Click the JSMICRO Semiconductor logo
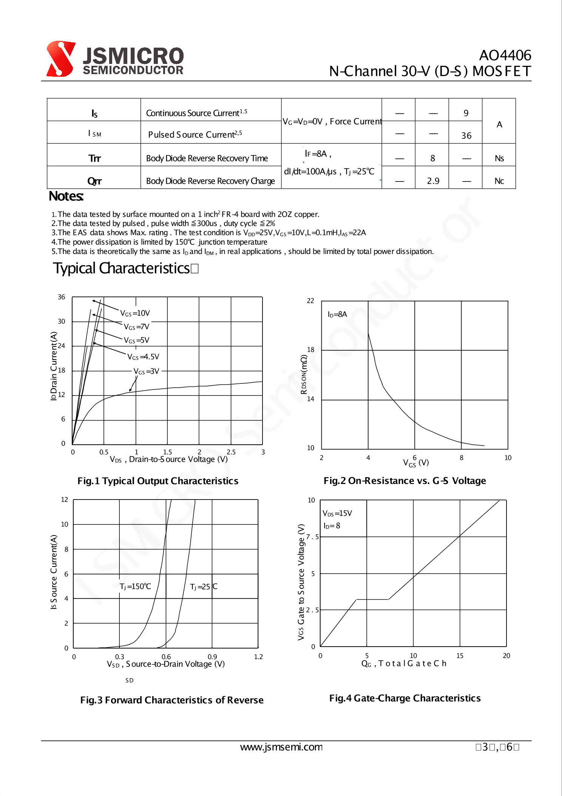click(x=114, y=59)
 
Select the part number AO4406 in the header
click(x=505, y=55)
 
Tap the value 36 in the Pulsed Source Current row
click(x=466, y=135)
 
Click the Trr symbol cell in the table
click(x=94, y=158)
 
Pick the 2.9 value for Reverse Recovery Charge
click(x=433, y=181)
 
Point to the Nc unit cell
click(x=499, y=181)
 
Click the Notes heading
click(x=66, y=196)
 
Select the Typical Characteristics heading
click(x=121, y=268)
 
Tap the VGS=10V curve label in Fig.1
click(x=135, y=313)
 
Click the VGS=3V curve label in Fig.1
click(x=146, y=371)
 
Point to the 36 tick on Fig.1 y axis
click(x=62, y=297)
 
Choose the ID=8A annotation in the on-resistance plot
click(x=337, y=314)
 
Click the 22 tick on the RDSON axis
click(x=310, y=301)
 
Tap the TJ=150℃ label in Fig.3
click(x=135, y=587)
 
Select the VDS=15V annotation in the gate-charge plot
click(x=337, y=513)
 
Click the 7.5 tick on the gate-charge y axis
click(x=312, y=537)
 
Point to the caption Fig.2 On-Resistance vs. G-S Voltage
click(x=405, y=481)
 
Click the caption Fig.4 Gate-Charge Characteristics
click(x=405, y=698)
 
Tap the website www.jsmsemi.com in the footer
click(x=281, y=747)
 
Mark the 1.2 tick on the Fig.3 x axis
click(x=258, y=657)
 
